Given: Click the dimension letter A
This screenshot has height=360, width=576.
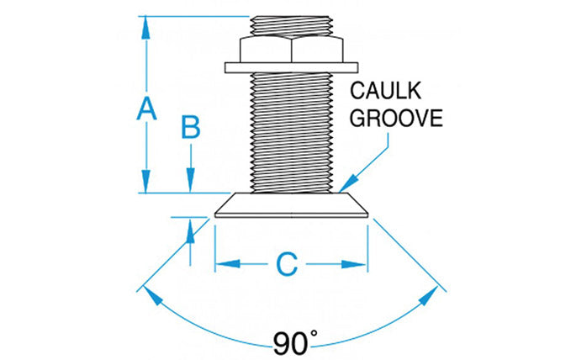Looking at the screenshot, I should pos(146,108).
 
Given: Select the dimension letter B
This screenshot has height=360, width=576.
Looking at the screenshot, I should pos(191,128).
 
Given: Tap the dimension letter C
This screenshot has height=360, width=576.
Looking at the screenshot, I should pos(288,264).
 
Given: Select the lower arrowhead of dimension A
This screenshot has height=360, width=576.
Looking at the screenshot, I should pos(146,182).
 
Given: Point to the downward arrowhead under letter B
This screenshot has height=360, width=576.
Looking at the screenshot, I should pos(191,180).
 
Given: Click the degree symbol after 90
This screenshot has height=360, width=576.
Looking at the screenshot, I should pos(314,334).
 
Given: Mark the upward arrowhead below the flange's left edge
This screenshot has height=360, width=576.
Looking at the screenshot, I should pos(191,230).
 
